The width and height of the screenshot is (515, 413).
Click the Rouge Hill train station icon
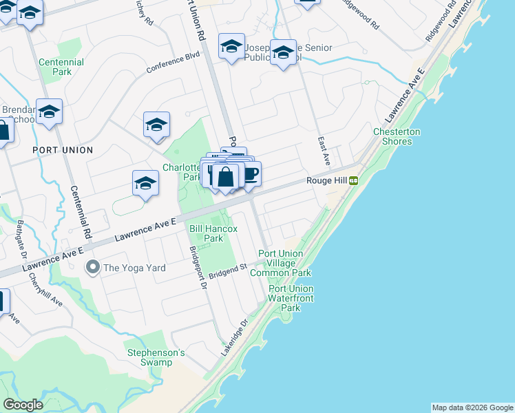pyautogui.click(x=353, y=180)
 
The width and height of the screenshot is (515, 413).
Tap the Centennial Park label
pyautogui.click(x=61, y=67)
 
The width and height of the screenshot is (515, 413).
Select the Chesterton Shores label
pyautogui.click(x=397, y=136)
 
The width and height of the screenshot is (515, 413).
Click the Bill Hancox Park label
pyautogui.click(x=213, y=233)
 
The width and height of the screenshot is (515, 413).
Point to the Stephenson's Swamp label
pyautogui.click(x=156, y=357)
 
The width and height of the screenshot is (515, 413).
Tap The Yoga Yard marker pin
pyautogui.click(x=91, y=267)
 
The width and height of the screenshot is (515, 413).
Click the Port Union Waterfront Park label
pyautogui.click(x=291, y=298)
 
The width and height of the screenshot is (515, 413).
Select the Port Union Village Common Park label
pyautogui.click(x=285, y=263)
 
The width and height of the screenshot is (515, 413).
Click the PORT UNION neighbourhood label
pyautogui.click(x=63, y=149)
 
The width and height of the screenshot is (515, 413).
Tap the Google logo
pyautogui.click(x=23, y=405)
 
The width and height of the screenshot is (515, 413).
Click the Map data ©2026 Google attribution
pyautogui.click(x=472, y=407)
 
